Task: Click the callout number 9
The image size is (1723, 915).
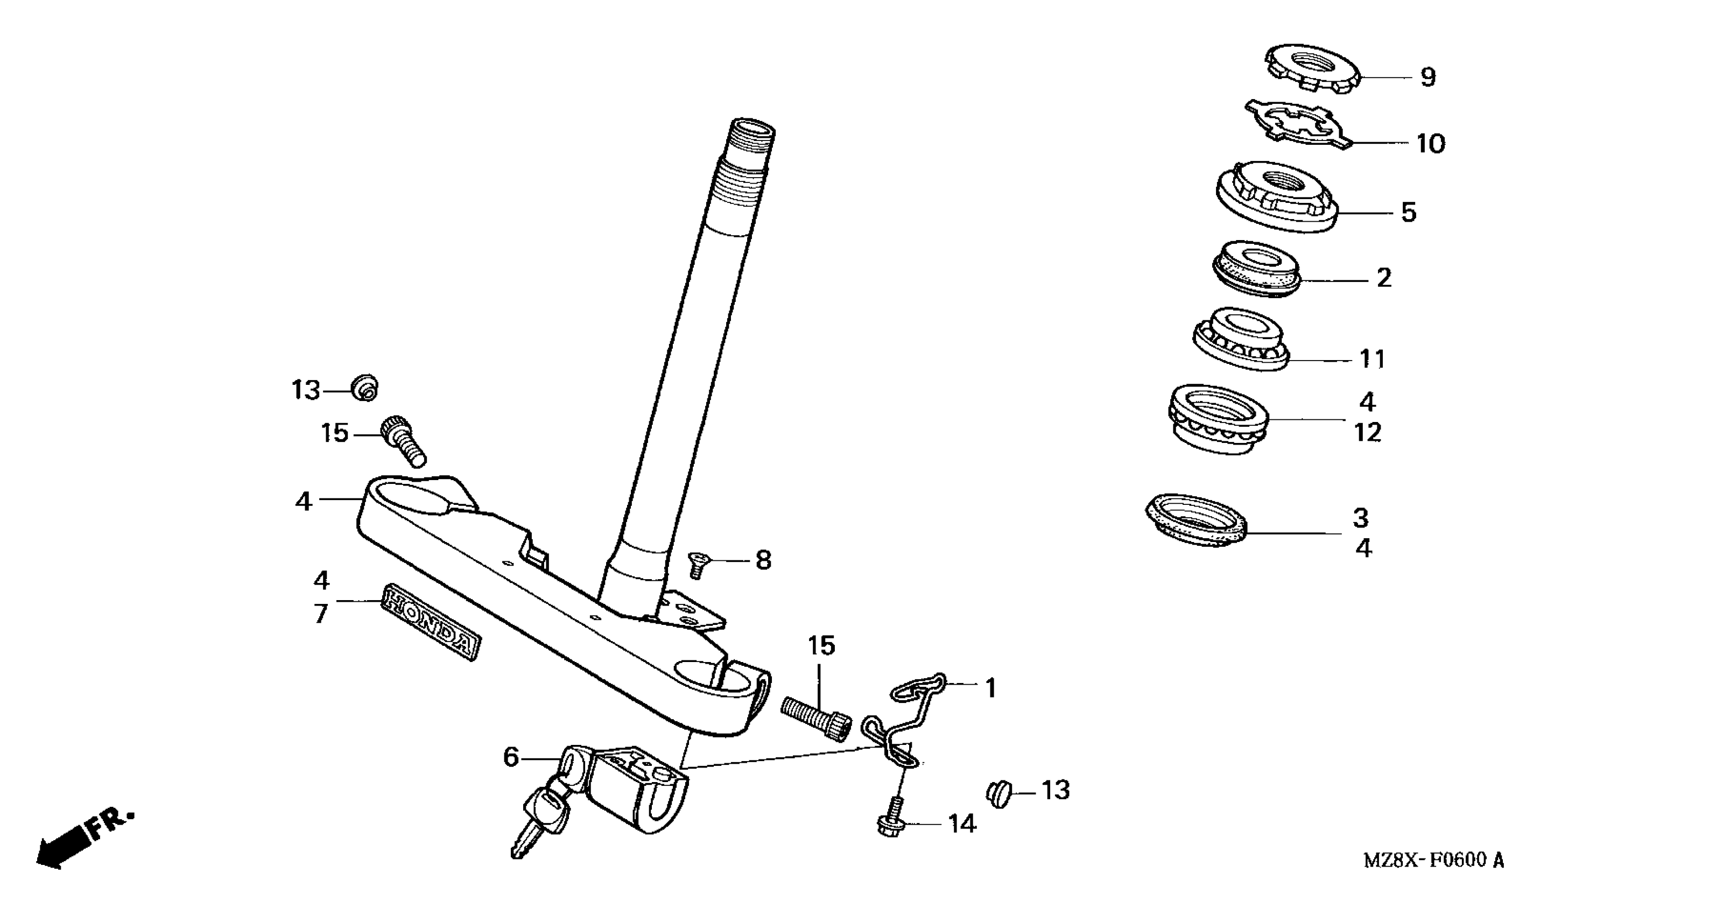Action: (1427, 78)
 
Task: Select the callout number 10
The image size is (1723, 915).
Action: (1431, 144)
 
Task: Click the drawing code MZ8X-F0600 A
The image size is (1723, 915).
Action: (1433, 860)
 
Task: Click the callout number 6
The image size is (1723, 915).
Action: (511, 758)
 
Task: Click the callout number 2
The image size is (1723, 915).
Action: (1384, 278)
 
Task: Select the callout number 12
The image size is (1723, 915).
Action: (1367, 433)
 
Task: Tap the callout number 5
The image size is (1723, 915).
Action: (1409, 213)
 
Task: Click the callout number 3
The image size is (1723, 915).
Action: (1360, 518)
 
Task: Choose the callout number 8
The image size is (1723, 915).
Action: (763, 560)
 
